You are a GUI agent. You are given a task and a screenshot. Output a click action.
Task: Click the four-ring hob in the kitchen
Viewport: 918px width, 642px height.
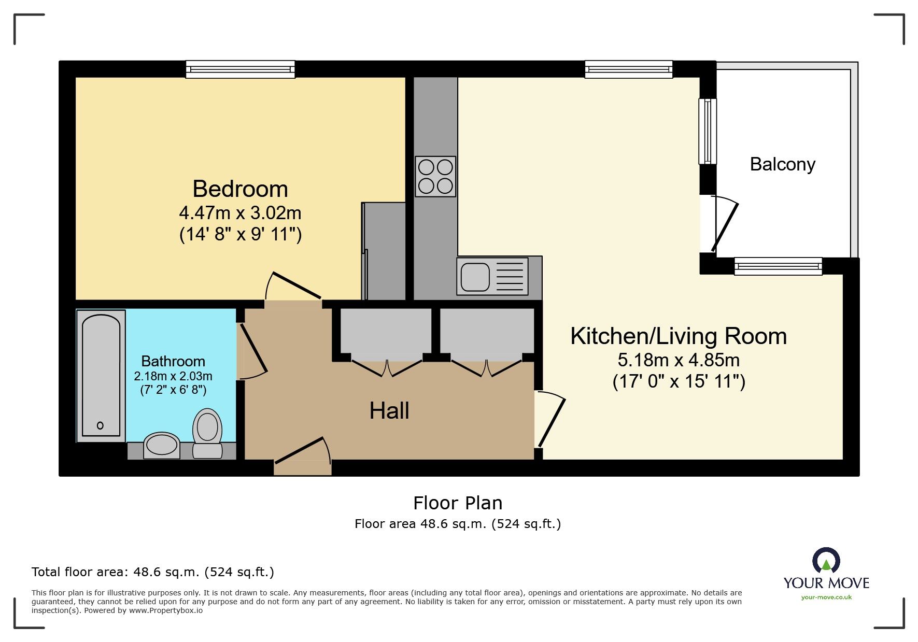[435, 177]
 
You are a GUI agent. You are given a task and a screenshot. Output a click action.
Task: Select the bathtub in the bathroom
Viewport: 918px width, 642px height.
[101, 376]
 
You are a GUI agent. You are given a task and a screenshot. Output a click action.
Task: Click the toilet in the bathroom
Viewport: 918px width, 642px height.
[207, 433]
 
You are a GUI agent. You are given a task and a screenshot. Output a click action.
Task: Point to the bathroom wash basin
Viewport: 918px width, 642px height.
[161, 445]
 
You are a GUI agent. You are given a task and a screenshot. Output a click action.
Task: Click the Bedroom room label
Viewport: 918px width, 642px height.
[240, 189]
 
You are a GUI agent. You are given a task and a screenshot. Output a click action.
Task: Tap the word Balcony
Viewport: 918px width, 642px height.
[782, 164]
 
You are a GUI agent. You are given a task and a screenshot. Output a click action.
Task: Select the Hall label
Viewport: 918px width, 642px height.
[389, 411]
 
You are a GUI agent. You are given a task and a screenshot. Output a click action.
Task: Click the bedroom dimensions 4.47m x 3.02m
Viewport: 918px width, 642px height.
[240, 213]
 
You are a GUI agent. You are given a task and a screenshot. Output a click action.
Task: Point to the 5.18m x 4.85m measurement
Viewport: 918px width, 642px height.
[679, 360]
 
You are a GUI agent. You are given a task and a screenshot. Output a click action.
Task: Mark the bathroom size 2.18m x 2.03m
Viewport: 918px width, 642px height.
[173, 376]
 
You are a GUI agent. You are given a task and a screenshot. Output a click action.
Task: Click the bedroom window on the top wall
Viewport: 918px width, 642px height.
[241, 69]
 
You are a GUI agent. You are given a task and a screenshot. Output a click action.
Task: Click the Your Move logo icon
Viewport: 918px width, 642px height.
[826, 561]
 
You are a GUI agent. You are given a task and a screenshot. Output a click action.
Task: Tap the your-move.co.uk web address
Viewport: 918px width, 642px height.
[826, 597]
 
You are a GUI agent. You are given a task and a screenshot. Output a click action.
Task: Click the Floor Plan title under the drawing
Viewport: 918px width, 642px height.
[458, 503]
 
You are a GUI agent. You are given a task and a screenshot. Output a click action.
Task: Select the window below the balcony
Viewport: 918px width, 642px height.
[778, 266]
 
